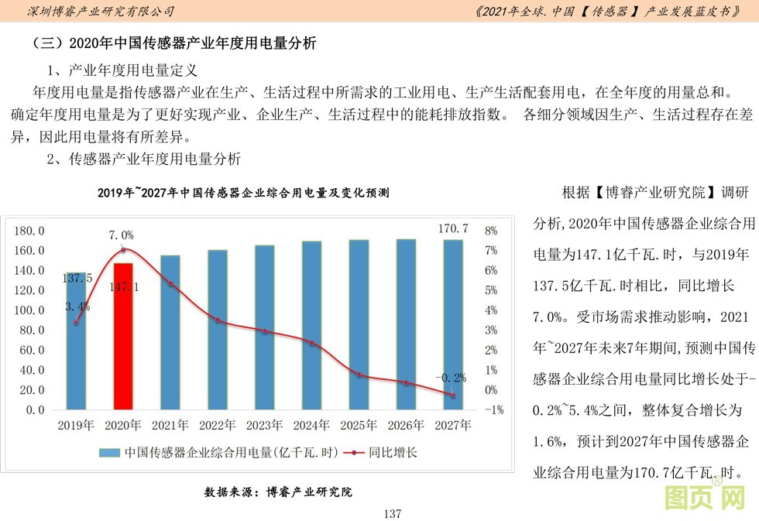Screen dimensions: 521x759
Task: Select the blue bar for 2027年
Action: point(453,325)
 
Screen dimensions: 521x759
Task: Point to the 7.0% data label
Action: point(122,235)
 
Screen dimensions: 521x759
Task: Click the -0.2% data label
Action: point(451,378)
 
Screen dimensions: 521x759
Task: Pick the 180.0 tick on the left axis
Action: point(31,231)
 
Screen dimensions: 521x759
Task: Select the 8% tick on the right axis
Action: point(489,231)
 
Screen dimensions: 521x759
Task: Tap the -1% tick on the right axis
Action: point(493,410)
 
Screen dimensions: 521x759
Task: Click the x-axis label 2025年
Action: point(359,425)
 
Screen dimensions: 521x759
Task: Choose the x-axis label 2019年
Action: point(77,425)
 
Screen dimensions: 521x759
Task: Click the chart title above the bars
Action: point(243,192)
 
